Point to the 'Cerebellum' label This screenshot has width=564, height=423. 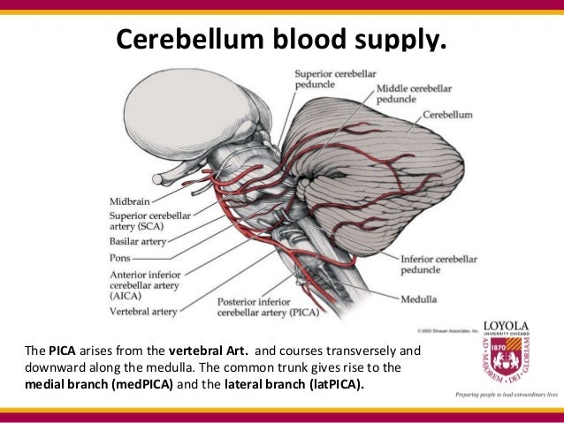point(447,115)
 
